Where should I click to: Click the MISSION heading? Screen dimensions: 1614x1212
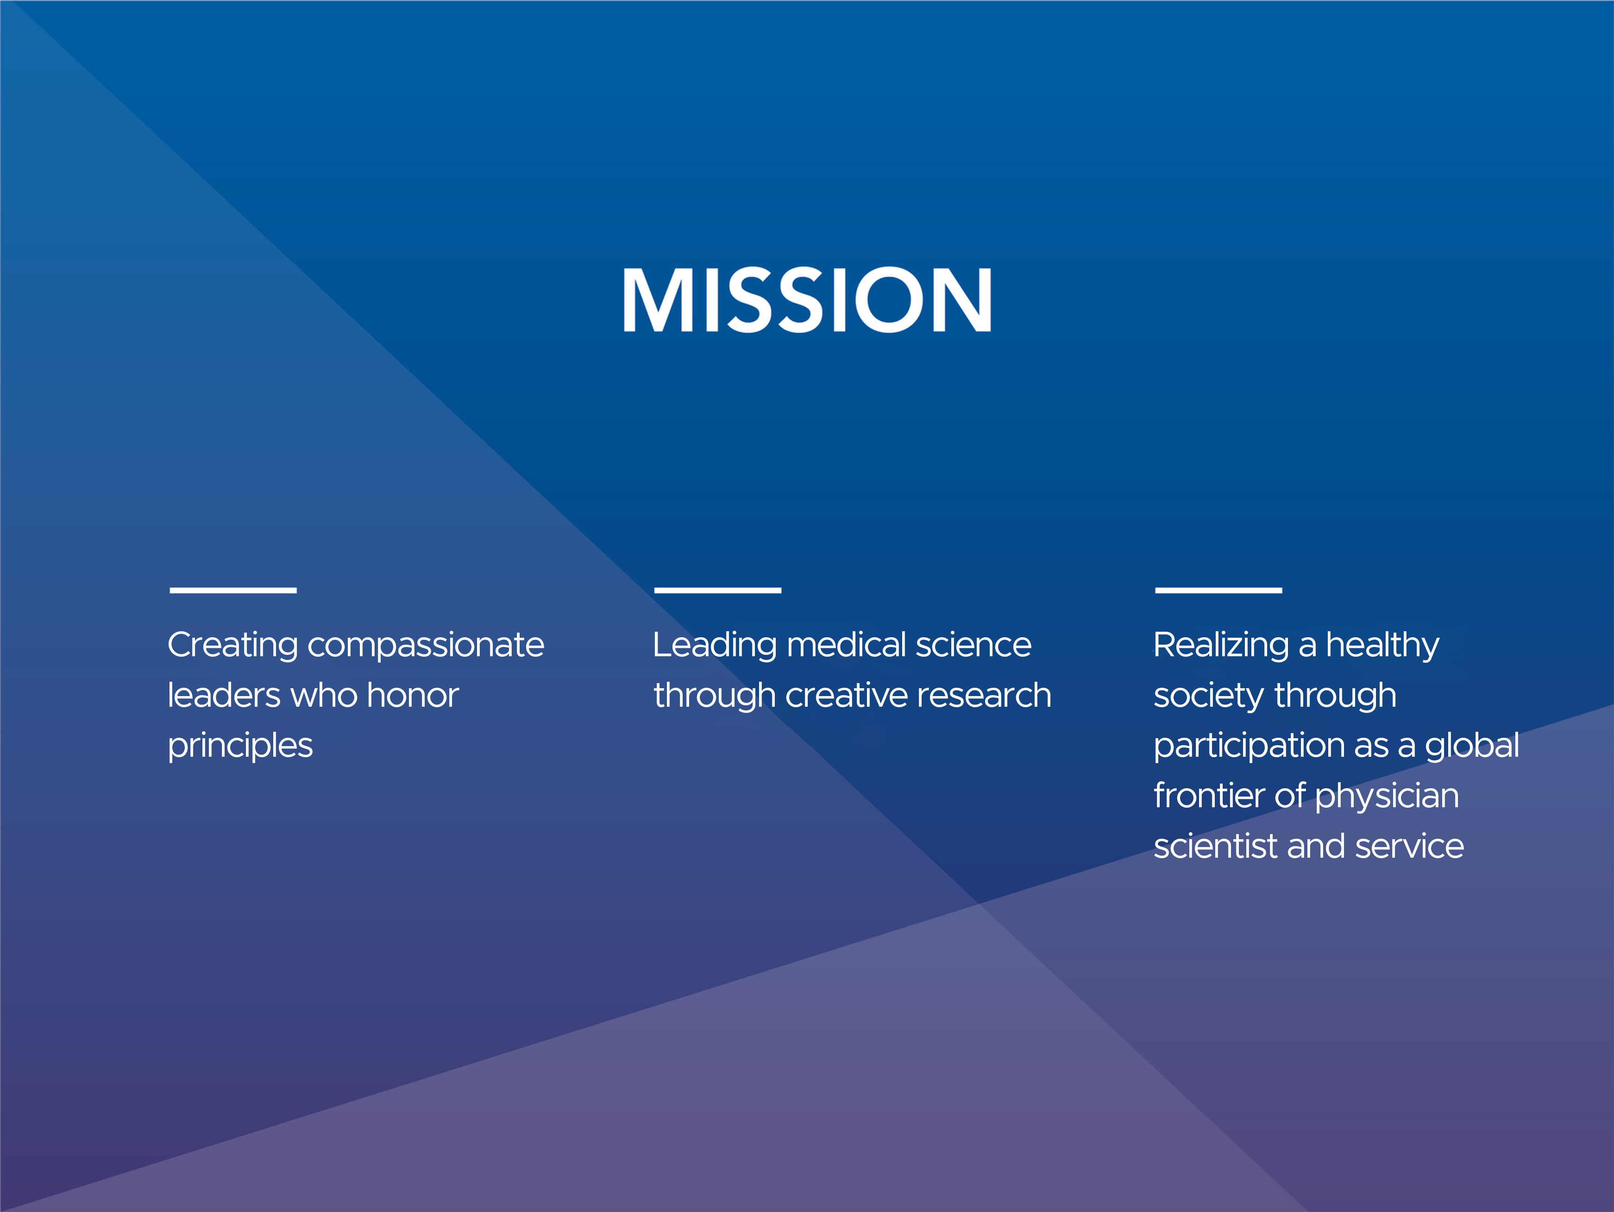click(807, 300)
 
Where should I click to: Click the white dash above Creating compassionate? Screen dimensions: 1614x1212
click(233, 590)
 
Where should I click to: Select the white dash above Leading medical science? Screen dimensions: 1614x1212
click(718, 590)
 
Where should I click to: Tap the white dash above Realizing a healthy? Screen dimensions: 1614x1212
click(1218, 590)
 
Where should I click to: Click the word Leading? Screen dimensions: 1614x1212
click(715, 646)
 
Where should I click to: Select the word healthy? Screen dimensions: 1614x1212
click(1383, 646)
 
